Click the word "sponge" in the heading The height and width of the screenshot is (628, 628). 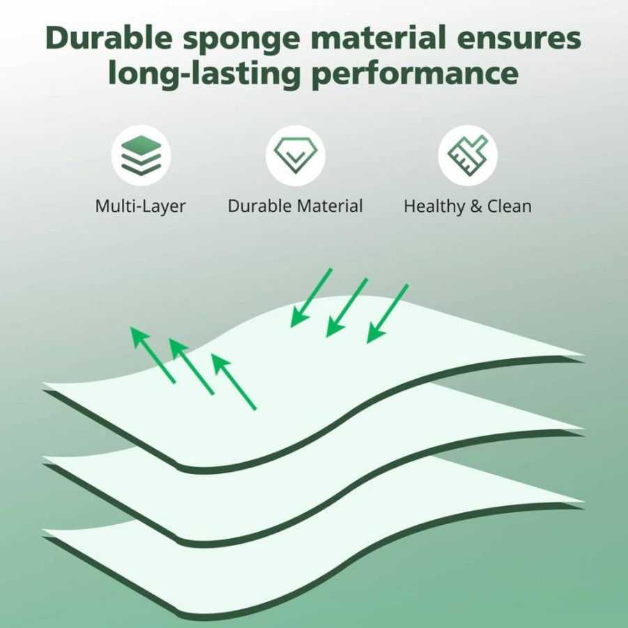241,39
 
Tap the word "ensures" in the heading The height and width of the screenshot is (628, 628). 519,38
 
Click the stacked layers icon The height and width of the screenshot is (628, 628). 141,155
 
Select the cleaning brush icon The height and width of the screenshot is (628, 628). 468,155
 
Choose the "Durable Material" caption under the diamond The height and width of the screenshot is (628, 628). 295,206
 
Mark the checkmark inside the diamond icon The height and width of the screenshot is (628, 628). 295,156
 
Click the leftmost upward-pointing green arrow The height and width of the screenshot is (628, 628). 153,355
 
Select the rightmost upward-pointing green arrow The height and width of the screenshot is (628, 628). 233,382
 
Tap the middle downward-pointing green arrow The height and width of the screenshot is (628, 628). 347,307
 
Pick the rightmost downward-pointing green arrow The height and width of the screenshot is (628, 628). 388,314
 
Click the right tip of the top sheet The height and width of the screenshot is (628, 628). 584,355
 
